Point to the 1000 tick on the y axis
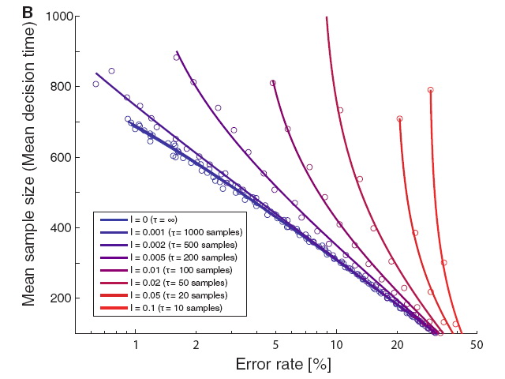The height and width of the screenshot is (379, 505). (x=58, y=17)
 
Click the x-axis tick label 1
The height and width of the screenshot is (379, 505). (x=136, y=345)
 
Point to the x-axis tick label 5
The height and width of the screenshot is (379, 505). (x=275, y=345)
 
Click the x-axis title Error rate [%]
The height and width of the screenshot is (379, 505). (x=283, y=365)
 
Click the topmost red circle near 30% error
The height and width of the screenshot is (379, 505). (x=430, y=90)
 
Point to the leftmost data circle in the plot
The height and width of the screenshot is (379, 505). (x=95, y=84)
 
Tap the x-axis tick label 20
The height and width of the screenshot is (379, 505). (x=397, y=345)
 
